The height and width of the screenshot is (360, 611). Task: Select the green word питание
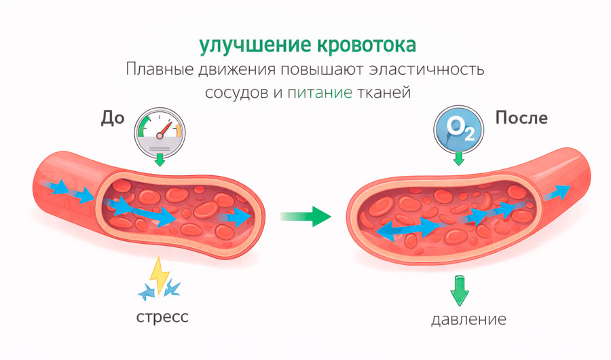point(320,93)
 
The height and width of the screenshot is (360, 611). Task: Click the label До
point(113,118)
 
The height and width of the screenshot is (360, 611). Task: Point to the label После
point(521,118)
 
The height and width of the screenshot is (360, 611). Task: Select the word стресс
point(162,317)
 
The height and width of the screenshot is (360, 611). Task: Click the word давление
point(468,319)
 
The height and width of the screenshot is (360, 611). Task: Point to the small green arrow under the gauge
point(160,160)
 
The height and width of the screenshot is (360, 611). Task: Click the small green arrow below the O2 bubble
point(459,159)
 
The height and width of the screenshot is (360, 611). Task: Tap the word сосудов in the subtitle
point(237,93)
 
